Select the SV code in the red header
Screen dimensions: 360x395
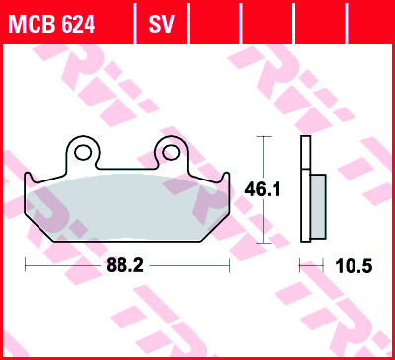[x=161, y=25]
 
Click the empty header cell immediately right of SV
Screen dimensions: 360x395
[x=216, y=25]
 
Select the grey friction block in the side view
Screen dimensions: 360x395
[x=317, y=204]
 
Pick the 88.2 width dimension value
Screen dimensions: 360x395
[x=127, y=266]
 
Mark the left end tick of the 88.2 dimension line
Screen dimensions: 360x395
[x=25, y=266]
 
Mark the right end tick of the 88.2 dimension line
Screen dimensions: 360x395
[x=230, y=266]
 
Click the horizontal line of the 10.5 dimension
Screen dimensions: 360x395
[x=313, y=266]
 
